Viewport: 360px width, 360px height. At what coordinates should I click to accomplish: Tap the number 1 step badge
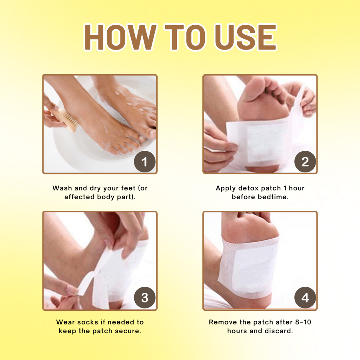(x=144, y=162)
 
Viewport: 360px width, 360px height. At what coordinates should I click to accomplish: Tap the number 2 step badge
(x=305, y=162)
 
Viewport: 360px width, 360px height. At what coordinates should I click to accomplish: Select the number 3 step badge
(x=144, y=298)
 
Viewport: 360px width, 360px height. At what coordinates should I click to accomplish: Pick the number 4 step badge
(x=305, y=298)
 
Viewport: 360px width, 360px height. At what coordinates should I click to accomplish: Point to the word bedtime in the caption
(x=274, y=197)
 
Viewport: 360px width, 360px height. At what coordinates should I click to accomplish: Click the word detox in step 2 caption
(x=248, y=188)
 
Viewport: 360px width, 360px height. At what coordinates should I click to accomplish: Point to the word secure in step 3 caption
(x=127, y=331)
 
